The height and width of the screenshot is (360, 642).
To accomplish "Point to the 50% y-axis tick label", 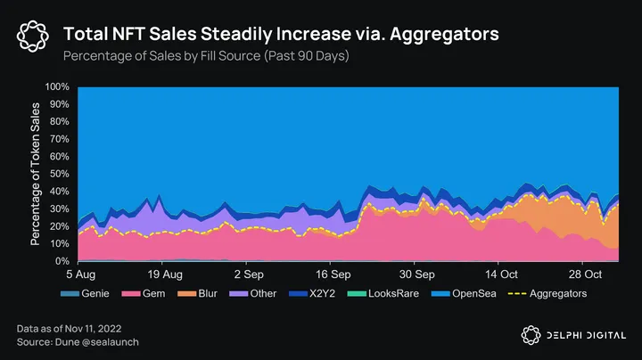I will (x=60, y=174).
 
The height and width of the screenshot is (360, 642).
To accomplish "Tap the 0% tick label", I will (x=63, y=261).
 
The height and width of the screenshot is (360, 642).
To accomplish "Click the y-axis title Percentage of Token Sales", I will (x=37, y=175).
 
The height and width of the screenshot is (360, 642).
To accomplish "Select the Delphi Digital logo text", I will (x=580, y=334).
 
